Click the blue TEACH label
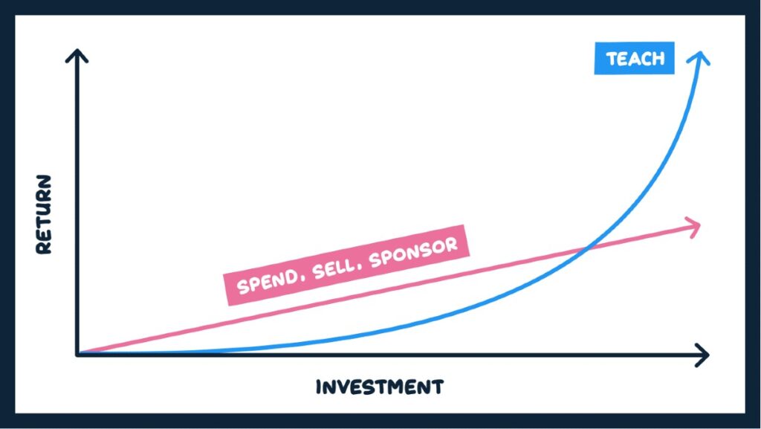coord(634,58)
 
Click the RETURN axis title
coord(45,215)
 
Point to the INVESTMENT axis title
coord(379,387)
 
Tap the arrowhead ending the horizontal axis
coord(703,355)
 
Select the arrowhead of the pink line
coord(695,225)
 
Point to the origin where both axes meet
coord(77,354)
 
